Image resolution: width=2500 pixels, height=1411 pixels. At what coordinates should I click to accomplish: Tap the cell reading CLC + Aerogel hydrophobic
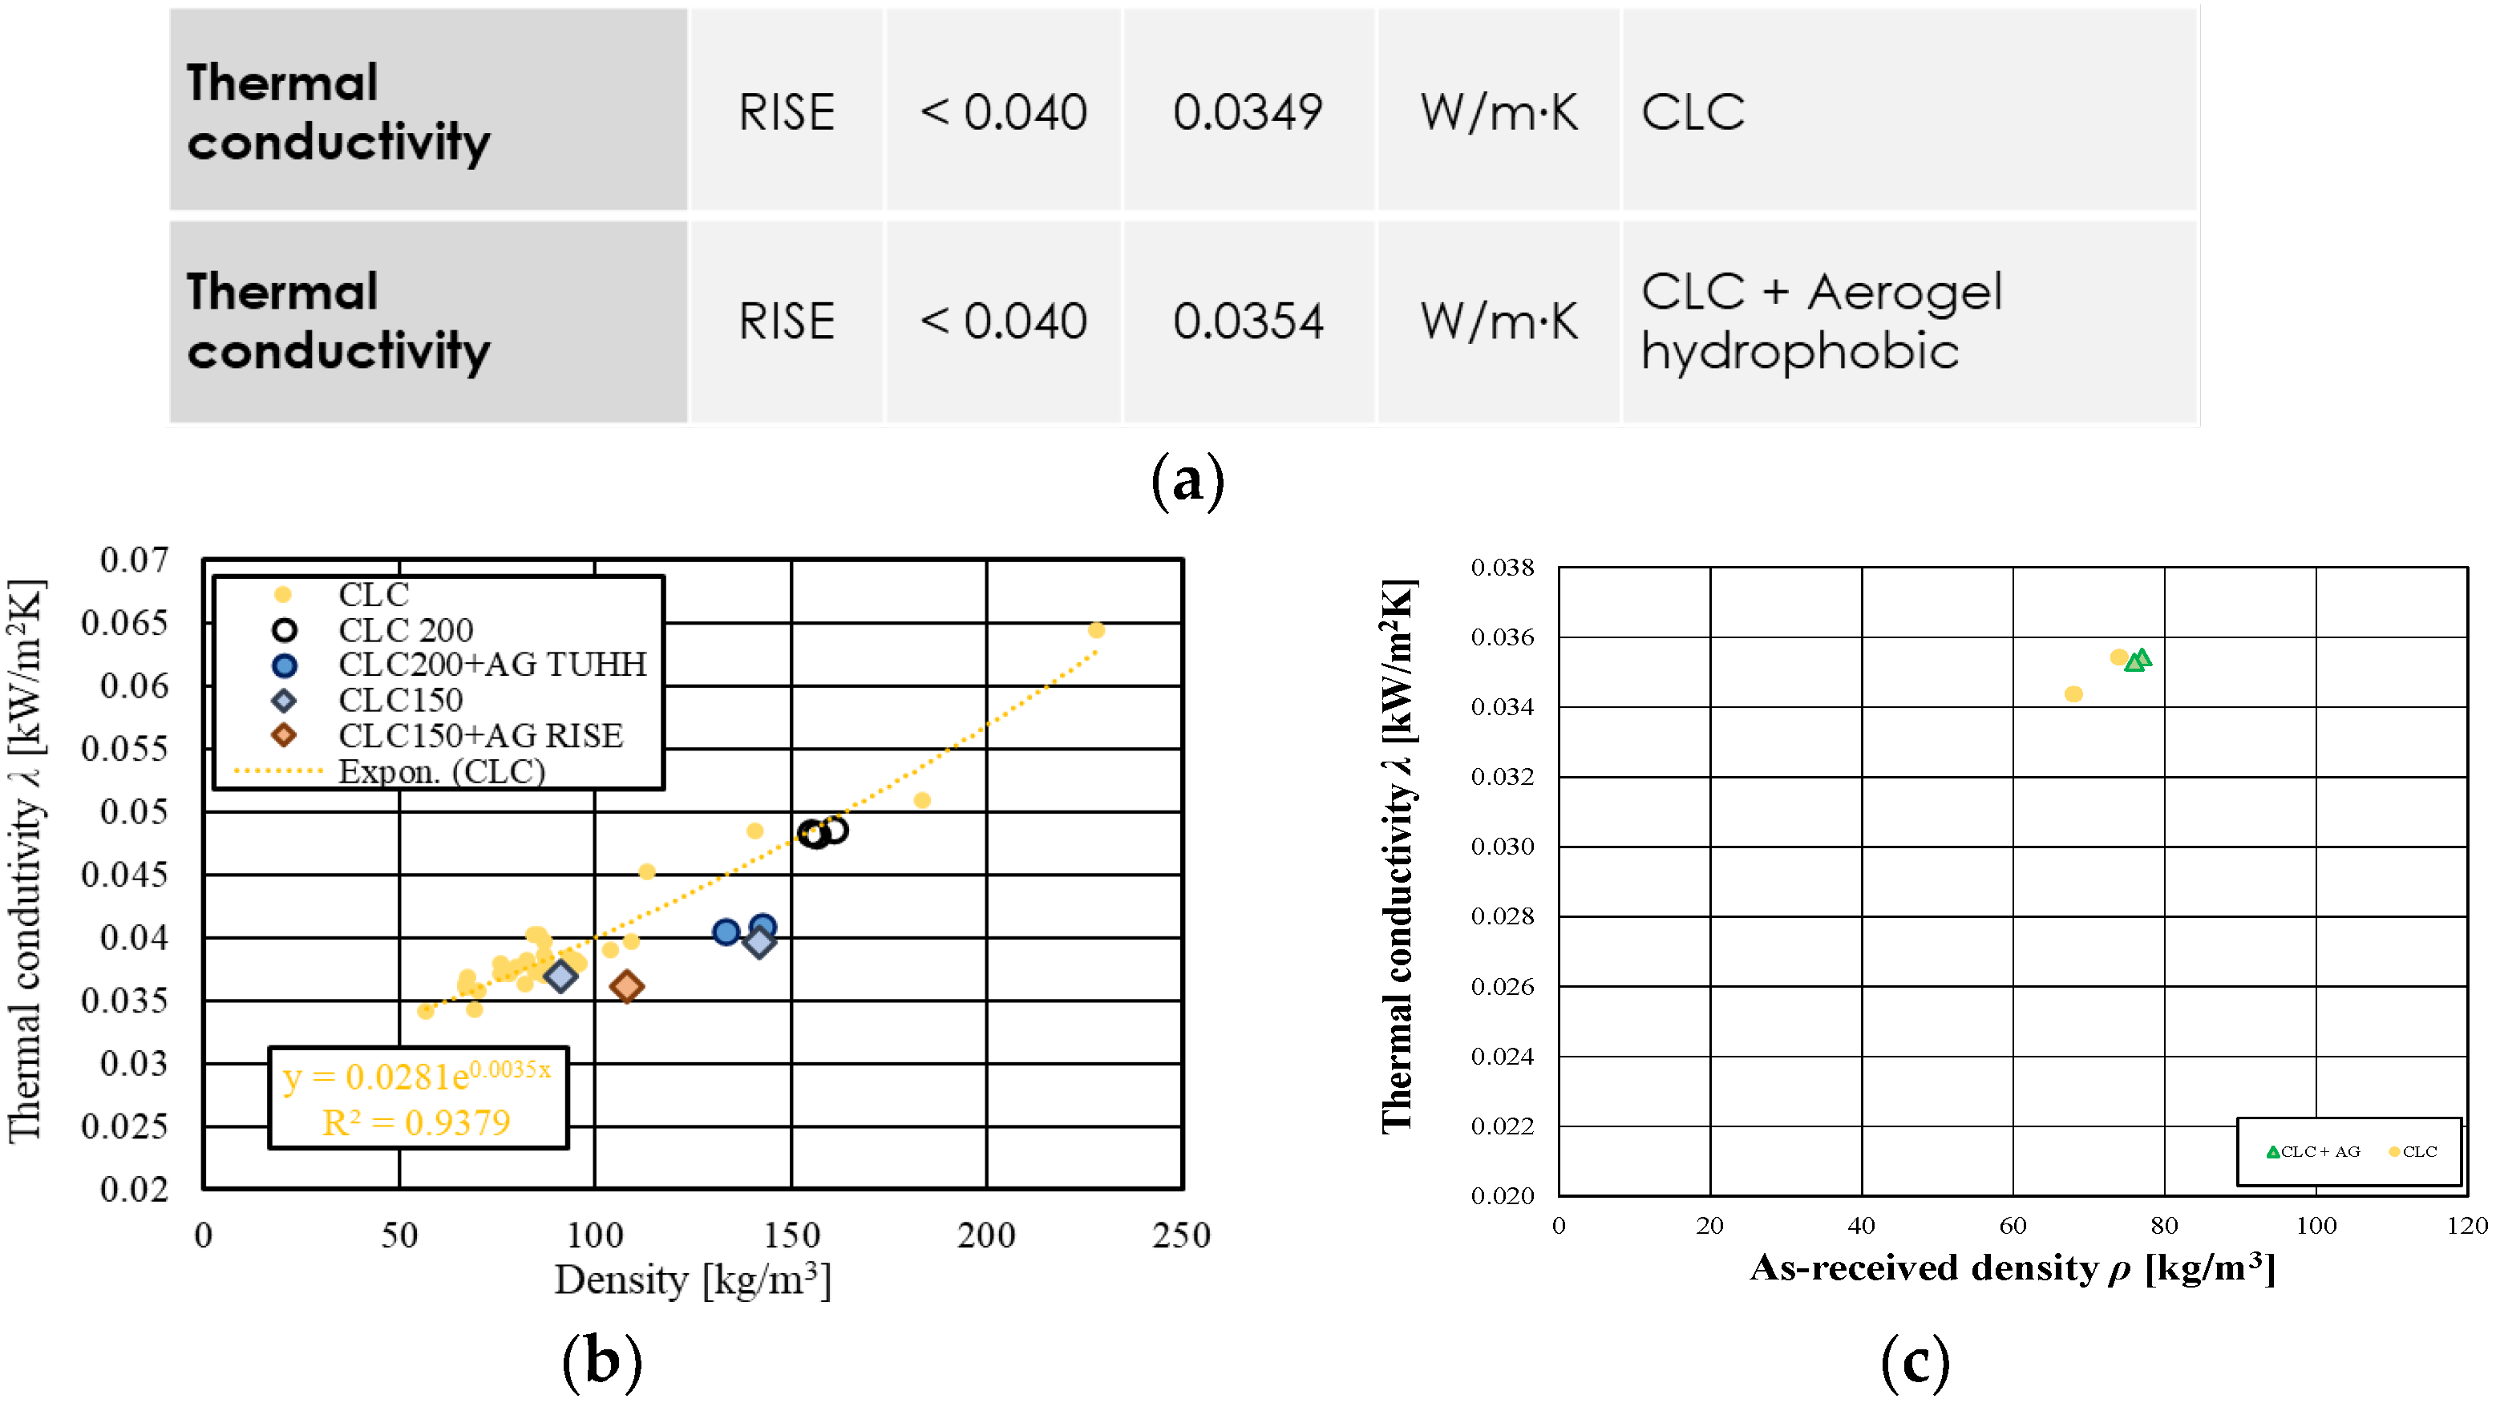pos(1821,321)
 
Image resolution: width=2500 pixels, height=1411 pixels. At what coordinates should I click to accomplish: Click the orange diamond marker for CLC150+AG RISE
pos(627,987)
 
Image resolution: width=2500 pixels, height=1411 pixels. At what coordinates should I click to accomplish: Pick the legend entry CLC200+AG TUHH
pos(491,665)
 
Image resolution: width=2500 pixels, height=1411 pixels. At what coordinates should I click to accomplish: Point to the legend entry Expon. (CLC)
pos(442,771)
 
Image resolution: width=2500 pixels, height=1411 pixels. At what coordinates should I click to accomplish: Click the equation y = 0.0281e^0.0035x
pos(416,1075)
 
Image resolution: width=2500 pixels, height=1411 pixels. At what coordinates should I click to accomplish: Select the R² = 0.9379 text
pos(416,1122)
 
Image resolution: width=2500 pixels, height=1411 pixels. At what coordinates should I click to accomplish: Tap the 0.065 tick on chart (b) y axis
pos(124,623)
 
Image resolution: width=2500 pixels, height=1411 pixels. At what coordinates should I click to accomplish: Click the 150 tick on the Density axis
pos(791,1235)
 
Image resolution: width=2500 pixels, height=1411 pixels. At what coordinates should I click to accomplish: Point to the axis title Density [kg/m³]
pos(693,1280)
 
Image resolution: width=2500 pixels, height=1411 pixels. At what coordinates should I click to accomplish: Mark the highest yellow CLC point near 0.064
pos(1097,630)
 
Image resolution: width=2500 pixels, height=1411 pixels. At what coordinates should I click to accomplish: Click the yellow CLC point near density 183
pos(922,801)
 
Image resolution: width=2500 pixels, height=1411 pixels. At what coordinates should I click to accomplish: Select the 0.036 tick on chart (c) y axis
pos(1503,637)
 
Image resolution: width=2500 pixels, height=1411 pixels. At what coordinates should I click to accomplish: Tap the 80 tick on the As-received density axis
pos(2164,1226)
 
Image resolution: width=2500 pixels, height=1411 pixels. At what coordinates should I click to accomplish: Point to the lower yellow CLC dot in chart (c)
pos(2074,693)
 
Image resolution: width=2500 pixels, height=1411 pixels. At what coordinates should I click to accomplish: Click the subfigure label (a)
pos(1187,481)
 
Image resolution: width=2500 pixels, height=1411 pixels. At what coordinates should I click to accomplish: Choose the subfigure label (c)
pos(1915,1361)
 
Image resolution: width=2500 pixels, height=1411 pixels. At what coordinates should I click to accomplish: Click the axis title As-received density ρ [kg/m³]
pos(2012,1268)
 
